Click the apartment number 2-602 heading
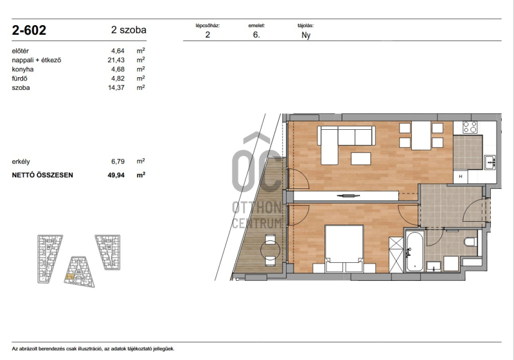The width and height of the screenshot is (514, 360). pyautogui.click(x=29, y=30)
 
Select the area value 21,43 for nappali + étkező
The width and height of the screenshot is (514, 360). pyautogui.click(x=116, y=60)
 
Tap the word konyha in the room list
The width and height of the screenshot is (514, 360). pyautogui.click(x=22, y=69)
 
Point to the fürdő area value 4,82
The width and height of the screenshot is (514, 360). pyautogui.click(x=118, y=78)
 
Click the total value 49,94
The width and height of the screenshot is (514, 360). pyautogui.click(x=116, y=175)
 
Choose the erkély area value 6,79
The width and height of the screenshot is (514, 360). pyautogui.click(x=118, y=161)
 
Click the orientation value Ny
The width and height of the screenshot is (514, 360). pyautogui.click(x=306, y=35)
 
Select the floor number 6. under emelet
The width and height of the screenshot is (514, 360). pyautogui.click(x=256, y=35)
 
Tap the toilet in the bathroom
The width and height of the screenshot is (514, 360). pyautogui.click(x=470, y=242)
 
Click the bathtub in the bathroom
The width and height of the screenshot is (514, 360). pyautogui.click(x=414, y=251)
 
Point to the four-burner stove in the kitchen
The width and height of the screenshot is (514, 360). pyautogui.click(x=470, y=127)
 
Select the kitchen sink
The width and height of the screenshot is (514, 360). pyautogui.click(x=490, y=162)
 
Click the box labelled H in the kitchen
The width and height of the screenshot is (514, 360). pyautogui.click(x=461, y=176)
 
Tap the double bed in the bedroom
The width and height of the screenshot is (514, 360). pyautogui.click(x=344, y=249)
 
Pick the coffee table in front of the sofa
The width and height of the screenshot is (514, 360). pyautogui.click(x=361, y=159)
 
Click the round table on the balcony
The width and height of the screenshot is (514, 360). pyautogui.click(x=270, y=251)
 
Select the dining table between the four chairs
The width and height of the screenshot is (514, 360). pyautogui.click(x=421, y=136)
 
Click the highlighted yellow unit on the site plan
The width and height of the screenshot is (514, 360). pyautogui.click(x=69, y=276)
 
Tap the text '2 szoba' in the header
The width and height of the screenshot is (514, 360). pyautogui.click(x=128, y=30)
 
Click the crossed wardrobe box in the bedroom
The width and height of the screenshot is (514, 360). pyautogui.click(x=396, y=255)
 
